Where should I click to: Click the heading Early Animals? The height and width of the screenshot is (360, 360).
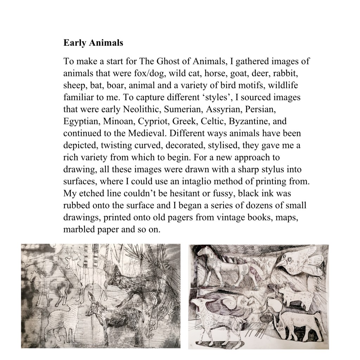[93, 43]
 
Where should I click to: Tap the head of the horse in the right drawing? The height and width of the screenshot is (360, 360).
[203, 252]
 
